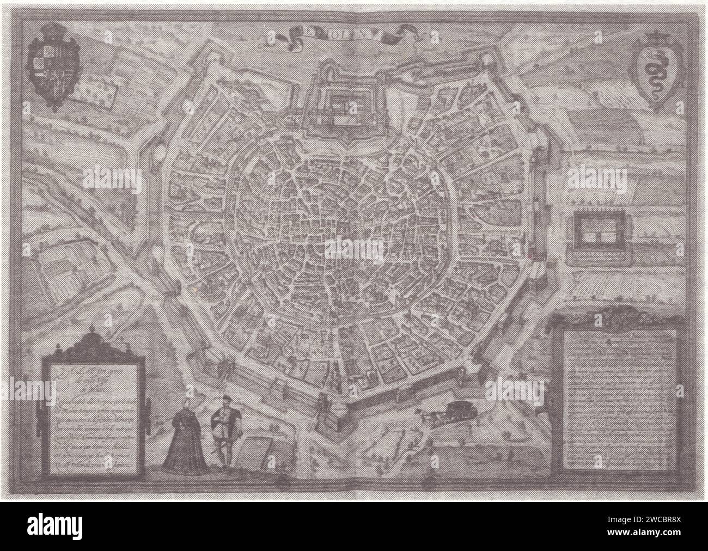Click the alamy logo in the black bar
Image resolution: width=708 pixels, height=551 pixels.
coord(54,527)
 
